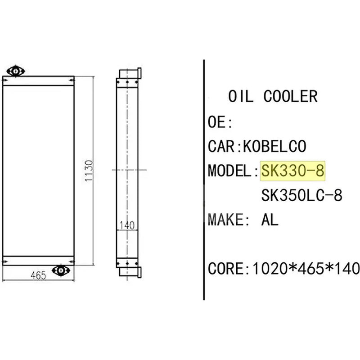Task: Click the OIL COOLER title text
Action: [273, 96]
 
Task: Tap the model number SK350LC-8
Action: [301, 195]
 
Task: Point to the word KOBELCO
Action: [274, 146]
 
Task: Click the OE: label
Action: [220, 121]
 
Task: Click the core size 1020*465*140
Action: [306, 269]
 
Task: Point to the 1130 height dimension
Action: [89, 171]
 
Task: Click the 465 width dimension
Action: [38, 275]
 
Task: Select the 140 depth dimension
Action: [127, 225]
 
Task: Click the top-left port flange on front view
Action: [16, 71]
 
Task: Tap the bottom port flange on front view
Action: [59, 270]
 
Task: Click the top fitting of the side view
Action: [130, 73]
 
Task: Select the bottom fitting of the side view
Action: [130, 270]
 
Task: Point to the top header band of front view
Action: [38, 81]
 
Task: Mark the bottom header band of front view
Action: [38, 260]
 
